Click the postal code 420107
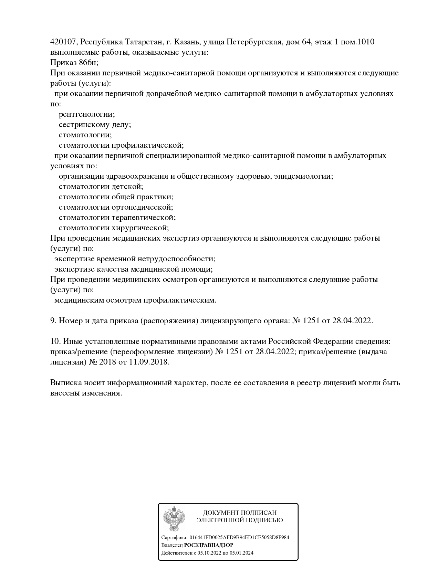click(x=64, y=42)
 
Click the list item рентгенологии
click(x=87, y=114)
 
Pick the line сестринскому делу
click(x=95, y=125)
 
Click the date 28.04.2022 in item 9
click(x=352, y=321)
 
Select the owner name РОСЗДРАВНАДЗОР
click(x=209, y=545)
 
